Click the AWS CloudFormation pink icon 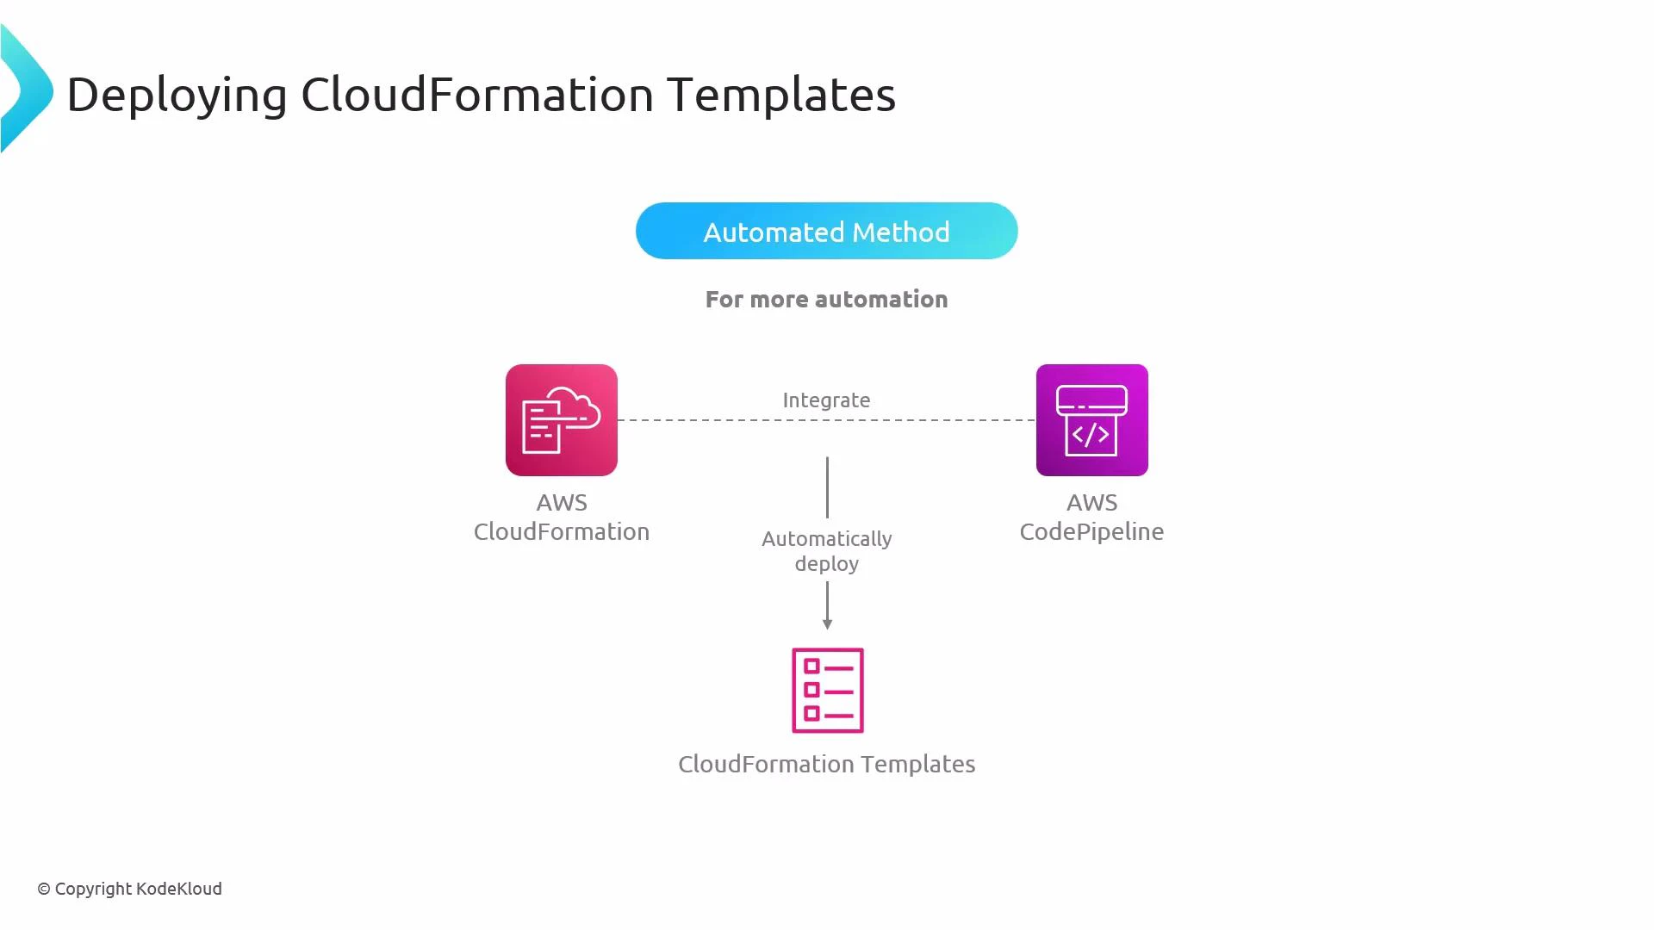point(561,420)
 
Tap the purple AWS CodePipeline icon point(1091,420)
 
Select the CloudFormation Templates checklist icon point(827,690)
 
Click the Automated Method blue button point(826,231)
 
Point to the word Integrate point(826,400)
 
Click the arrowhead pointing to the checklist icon point(827,624)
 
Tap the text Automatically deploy point(826,551)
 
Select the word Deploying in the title point(177,95)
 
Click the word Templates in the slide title point(780,95)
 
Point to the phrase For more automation point(826,300)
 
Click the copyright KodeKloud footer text point(130,889)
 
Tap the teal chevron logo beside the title point(26,90)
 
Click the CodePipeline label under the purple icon point(1091,531)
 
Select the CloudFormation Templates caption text point(826,764)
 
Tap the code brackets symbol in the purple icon point(1091,436)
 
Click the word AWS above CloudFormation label point(562,503)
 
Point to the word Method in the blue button point(900,232)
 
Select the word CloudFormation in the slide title point(477,95)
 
